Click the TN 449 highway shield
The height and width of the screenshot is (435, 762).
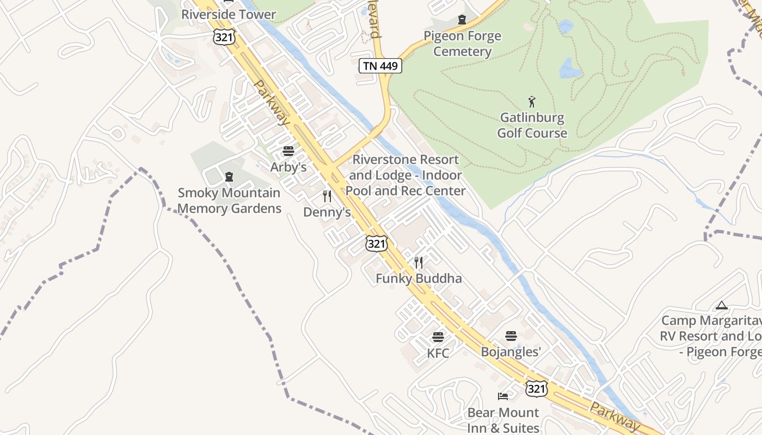[x=380, y=66]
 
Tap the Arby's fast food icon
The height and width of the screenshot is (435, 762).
[x=288, y=151]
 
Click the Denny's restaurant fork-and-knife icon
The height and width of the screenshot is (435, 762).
[x=327, y=196]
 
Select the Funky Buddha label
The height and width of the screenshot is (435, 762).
[x=419, y=278]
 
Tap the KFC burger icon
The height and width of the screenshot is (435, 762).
[x=438, y=337]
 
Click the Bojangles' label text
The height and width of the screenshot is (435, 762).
[x=511, y=352]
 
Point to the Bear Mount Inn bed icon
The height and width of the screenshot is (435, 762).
[x=503, y=396]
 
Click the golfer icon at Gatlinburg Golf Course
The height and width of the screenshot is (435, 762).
[x=532, y=101]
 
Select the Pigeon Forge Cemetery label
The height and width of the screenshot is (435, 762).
[x=462, y=43]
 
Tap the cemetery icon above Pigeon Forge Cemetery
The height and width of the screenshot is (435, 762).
[x=462, y=20]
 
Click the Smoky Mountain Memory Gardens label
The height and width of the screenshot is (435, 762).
[x=229, y=200]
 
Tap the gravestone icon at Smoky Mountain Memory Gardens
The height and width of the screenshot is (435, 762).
[x=229, y=177]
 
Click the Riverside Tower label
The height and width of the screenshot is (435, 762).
[x=229, y=14]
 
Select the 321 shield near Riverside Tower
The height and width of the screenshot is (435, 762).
[x=224, y=36]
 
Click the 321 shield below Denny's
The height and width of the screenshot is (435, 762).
[x=376, y=243]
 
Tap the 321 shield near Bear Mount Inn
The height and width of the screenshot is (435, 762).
[x=536, y=388]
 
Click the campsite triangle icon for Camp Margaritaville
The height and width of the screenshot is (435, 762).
[x=722, y=305]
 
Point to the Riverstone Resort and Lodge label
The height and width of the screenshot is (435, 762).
[x=405, y=175]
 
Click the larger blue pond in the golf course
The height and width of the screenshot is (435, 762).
[x=570, y=69]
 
